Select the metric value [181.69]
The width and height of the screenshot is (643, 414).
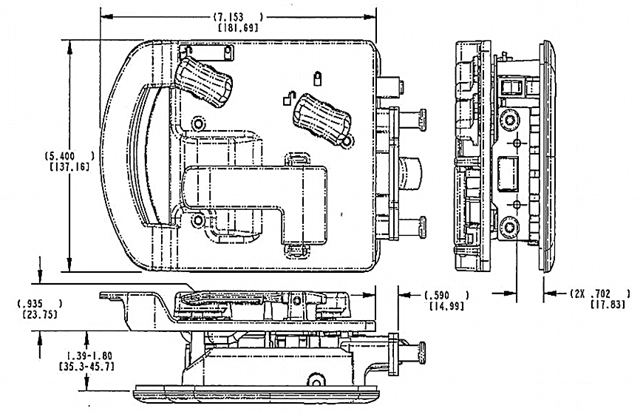point(238,28)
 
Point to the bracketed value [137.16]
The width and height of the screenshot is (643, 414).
point(69,166)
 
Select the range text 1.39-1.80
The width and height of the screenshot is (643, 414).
point(89,356)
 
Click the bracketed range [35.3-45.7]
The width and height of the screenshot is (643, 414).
point(86,366)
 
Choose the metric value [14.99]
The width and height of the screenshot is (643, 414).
point(446,305)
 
